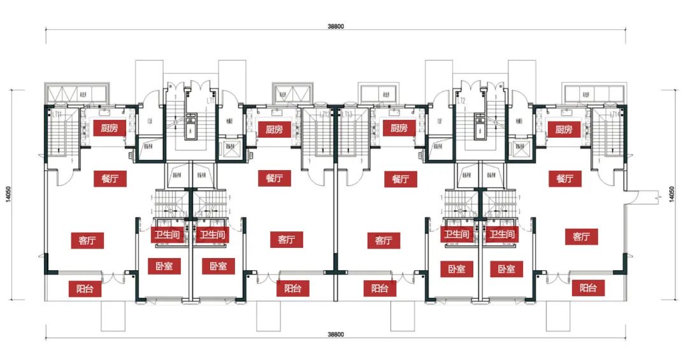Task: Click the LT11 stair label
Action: (x=57, y=114)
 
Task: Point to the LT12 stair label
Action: (x=325, y=115)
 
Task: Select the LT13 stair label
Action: (x=347, y=115)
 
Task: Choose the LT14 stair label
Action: (x=615, y=115)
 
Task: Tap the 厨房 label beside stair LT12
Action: (x=275, y=129)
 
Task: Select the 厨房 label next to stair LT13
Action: (x=399, y=127)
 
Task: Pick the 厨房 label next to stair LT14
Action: (x=564, y=129)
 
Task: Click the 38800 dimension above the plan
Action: (x=336, y=27)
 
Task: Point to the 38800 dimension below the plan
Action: (x=336, y=335)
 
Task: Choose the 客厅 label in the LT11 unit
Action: (x=87, y=241)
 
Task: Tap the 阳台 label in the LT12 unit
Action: (x=293, y=288)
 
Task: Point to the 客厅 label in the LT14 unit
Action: (x=581, y=237)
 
